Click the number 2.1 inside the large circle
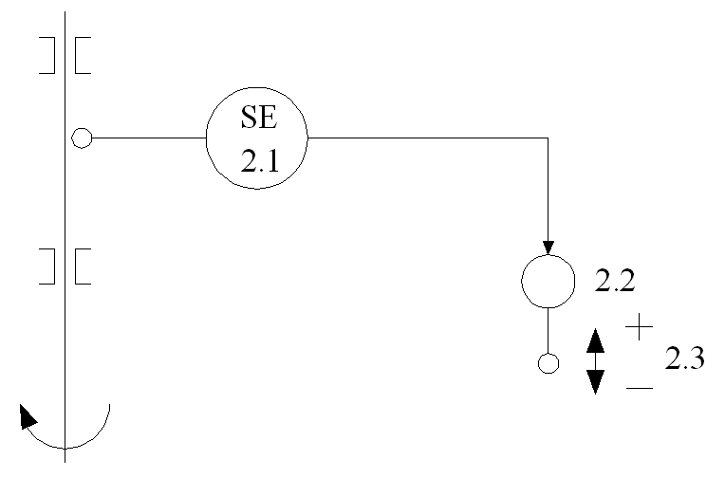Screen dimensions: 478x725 click(258, 160)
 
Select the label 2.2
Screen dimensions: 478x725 click(613, 281)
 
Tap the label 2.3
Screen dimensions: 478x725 click(683, 361)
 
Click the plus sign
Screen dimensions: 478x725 click(641, 328)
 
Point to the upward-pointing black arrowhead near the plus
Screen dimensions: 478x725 click(595, 340)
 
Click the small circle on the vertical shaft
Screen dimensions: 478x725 click(82, 139)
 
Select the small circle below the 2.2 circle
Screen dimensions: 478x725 click(548, 362)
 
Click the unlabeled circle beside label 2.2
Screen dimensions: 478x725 click(548, 282)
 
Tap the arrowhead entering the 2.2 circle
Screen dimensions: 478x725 click(548, 247)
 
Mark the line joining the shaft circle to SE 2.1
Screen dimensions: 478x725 click(148, 138)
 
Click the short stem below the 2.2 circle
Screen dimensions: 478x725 click(548, 330)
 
